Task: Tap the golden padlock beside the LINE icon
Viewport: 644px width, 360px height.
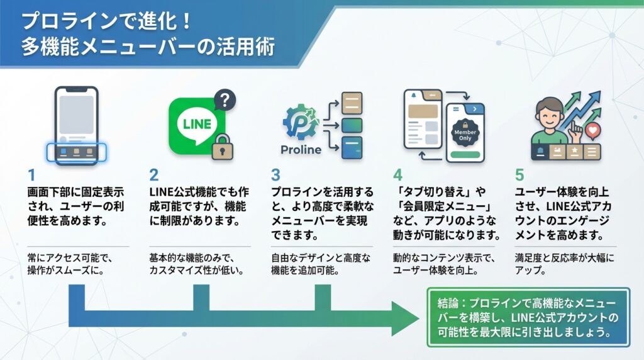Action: (x=221, y=147)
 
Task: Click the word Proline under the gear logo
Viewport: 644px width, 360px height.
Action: (x=301, y=150)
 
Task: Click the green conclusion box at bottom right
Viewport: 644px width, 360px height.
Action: (x=528, y=317)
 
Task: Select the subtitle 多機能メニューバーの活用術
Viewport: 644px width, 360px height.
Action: (x=148, y=47)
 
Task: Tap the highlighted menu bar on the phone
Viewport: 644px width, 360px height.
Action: (x=78, y=152)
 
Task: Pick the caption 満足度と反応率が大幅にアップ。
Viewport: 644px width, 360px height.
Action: (x=557, y=264)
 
